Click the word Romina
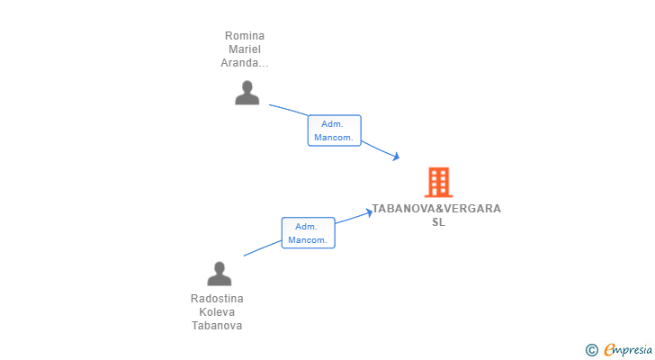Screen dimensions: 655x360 [245, 36]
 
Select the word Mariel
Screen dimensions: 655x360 [245, 49]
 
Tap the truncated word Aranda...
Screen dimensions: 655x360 [245, 63]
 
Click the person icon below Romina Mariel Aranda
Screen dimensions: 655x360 [247, 93]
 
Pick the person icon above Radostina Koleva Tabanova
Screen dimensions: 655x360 [219, 274]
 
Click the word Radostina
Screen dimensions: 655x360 [217, 299]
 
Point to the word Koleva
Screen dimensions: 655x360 [217, 312]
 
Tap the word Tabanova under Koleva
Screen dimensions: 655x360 [217, 325]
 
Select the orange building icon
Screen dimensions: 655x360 [439, 182]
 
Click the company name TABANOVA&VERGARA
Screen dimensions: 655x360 [436, 209]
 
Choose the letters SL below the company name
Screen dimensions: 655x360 [439, 222]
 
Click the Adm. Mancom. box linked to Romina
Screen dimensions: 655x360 [334, 130]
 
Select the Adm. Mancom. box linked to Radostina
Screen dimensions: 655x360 [309, 232]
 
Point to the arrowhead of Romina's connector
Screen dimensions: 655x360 [396, 157]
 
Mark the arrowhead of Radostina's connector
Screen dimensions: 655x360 [369, 213]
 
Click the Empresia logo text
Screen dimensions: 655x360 [628, 350]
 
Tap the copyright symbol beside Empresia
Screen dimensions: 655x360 [591, 350]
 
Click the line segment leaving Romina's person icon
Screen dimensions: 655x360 [288, 110]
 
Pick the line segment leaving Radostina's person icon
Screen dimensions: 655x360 [263, 248]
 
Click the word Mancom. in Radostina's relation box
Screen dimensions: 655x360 [308, 240]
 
